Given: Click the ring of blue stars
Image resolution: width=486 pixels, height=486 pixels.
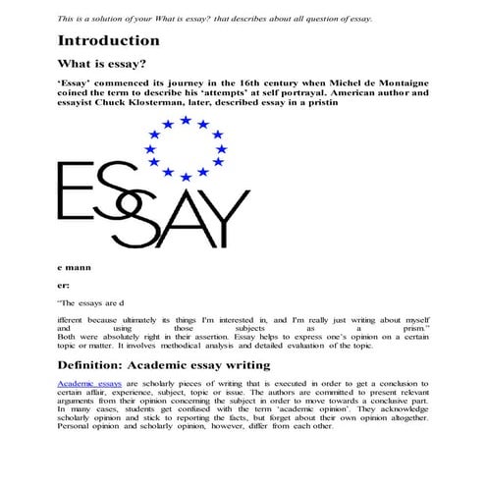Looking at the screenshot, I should (x=183, y=147).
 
